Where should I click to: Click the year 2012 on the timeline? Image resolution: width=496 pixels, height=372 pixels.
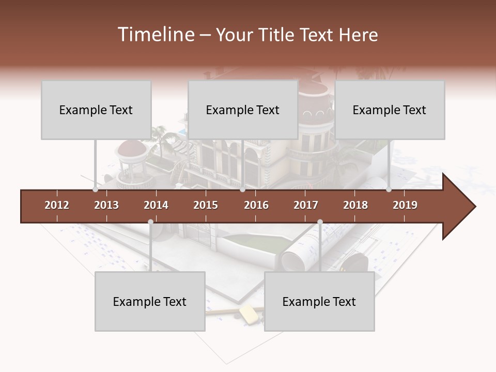57,205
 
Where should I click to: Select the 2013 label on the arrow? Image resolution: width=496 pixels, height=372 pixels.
106,205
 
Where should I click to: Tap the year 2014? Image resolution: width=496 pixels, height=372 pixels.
156,205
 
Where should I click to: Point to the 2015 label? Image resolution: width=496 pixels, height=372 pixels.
206,205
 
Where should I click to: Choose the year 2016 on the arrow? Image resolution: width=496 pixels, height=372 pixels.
256,205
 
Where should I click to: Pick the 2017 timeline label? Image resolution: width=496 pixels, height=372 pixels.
306,205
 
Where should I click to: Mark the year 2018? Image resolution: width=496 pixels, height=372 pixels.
355,205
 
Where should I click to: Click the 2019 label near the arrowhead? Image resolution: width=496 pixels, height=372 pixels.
405,205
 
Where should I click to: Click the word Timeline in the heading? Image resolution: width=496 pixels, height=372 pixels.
155,35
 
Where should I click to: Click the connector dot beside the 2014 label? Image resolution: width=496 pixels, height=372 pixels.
150,222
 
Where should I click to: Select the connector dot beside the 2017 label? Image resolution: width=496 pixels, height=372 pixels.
320,222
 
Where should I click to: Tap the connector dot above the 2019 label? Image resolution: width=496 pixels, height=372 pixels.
389,190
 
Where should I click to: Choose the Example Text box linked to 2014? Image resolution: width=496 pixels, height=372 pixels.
150,301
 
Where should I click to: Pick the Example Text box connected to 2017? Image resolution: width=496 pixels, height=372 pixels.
319,301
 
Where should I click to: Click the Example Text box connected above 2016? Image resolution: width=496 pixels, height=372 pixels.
243,110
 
